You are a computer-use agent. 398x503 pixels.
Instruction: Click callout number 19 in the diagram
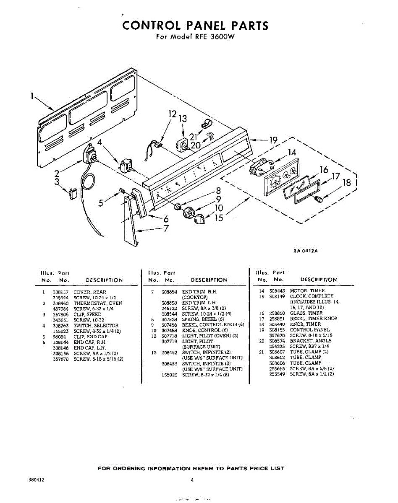click(273, 140)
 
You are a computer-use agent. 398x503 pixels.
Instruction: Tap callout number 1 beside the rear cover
click(32, 96)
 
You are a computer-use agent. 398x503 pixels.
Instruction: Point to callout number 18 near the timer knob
click(346, 183)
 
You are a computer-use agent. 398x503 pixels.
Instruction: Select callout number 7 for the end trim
click(166, 228)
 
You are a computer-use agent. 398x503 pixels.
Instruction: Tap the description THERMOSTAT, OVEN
click(98, 303)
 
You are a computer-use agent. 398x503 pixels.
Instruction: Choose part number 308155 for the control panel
click(277, 330)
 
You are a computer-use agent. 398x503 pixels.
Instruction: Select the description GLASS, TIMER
click(306, 313)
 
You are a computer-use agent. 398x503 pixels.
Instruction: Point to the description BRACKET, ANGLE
click(310, 341)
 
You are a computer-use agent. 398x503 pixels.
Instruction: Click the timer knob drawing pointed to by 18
click(320, 199)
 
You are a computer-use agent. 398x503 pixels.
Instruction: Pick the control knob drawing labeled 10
click(190, 212)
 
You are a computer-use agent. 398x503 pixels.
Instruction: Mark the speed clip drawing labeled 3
click(73, 193)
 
